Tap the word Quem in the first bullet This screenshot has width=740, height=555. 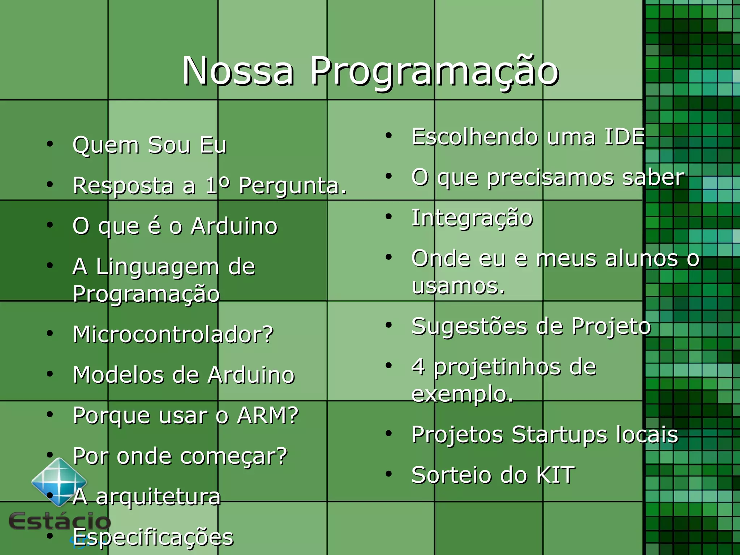(106, 145)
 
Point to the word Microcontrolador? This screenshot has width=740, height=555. (173, 334)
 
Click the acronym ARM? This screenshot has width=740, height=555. (268, 415)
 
